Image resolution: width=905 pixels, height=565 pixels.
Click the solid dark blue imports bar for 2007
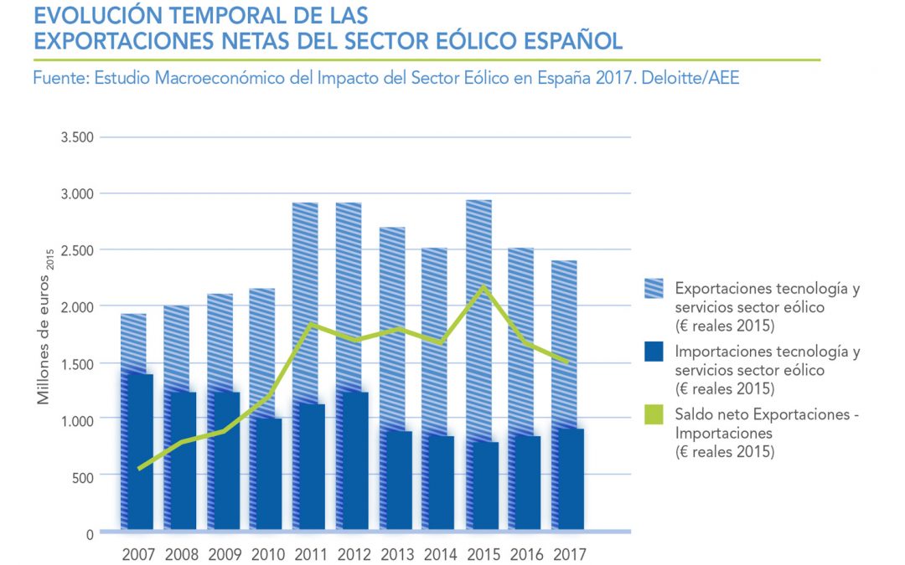tap(137, 452)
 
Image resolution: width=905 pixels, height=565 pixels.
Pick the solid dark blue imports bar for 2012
tap(352, 460)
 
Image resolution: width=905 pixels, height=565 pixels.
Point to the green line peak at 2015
tap(479, 287)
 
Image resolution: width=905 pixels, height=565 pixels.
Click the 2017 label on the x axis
tap(568, 554)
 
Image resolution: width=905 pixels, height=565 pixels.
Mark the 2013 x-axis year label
tap(396, 554)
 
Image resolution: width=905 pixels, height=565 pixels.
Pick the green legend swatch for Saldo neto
tap(654, 414)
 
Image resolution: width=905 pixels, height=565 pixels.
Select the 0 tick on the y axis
tap(90, 533)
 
